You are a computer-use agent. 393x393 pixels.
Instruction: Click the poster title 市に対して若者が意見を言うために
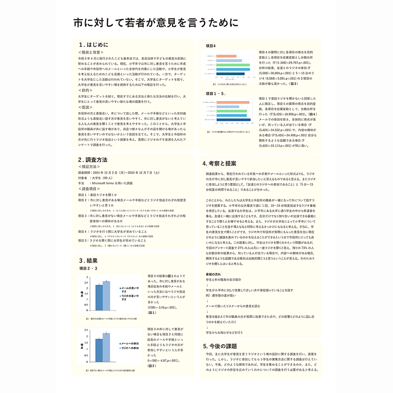(156, 23)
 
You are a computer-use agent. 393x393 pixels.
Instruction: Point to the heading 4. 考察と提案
(219, 163)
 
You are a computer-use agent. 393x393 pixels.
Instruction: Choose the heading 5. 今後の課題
(220, 346)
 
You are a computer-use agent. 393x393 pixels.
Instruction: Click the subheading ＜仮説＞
(85, 107)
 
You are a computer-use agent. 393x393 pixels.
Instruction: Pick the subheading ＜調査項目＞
(89, 189)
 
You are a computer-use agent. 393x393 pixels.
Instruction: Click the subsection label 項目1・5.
(216, 94)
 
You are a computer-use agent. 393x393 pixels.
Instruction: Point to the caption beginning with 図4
(228, 132)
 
